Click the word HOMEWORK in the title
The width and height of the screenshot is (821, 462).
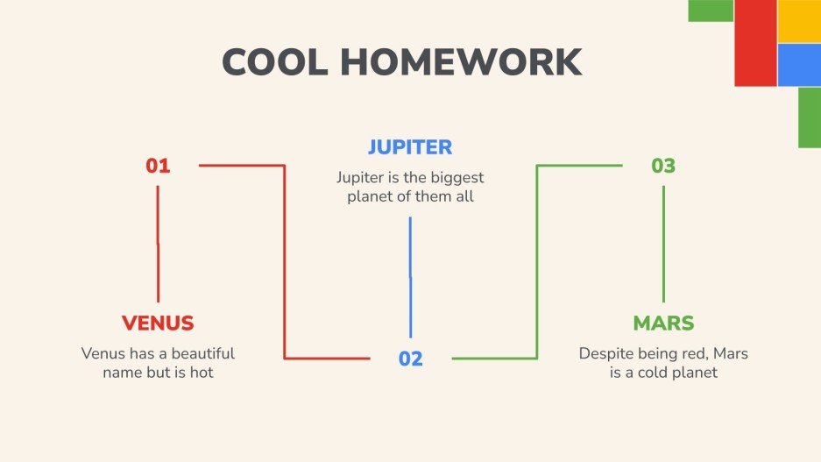coord(461,62)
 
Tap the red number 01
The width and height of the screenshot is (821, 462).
coord(158,166)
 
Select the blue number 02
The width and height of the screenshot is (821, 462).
coord(410,359)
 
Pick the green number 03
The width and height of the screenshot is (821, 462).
coord(663,166)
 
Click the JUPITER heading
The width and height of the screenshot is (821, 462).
coord(410,146)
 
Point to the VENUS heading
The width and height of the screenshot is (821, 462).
coord(158,323)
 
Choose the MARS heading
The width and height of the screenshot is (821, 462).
coord(663,323)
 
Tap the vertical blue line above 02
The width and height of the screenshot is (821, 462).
coord(410,276)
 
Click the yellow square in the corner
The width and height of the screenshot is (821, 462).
coord(798,21)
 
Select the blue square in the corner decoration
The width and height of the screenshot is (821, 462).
coord(798,65)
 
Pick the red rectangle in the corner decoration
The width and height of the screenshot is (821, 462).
coord(755,43)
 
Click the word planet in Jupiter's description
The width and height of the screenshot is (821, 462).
coord(370,197)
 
